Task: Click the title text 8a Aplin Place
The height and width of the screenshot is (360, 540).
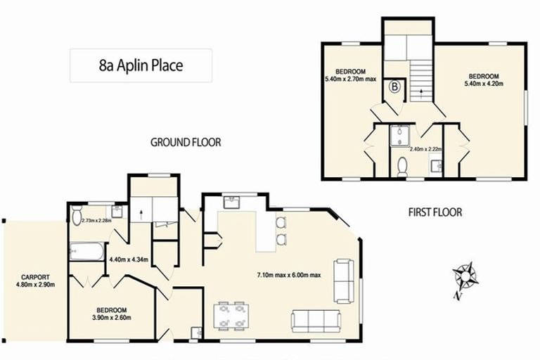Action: tap(141, 66)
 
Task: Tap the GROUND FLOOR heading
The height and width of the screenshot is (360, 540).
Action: tap(186, 142)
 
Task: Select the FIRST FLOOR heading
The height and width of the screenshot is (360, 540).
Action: tap(435, 212)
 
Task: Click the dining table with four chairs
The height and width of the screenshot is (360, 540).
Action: tap(231, 316)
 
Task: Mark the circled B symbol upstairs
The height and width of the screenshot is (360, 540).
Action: tap(396, 87)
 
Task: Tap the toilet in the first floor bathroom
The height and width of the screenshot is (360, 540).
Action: tap(402, 167)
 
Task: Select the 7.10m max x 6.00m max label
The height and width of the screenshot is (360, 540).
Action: tap(288, 275)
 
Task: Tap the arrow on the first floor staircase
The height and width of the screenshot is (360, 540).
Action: tap(421, 91)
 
